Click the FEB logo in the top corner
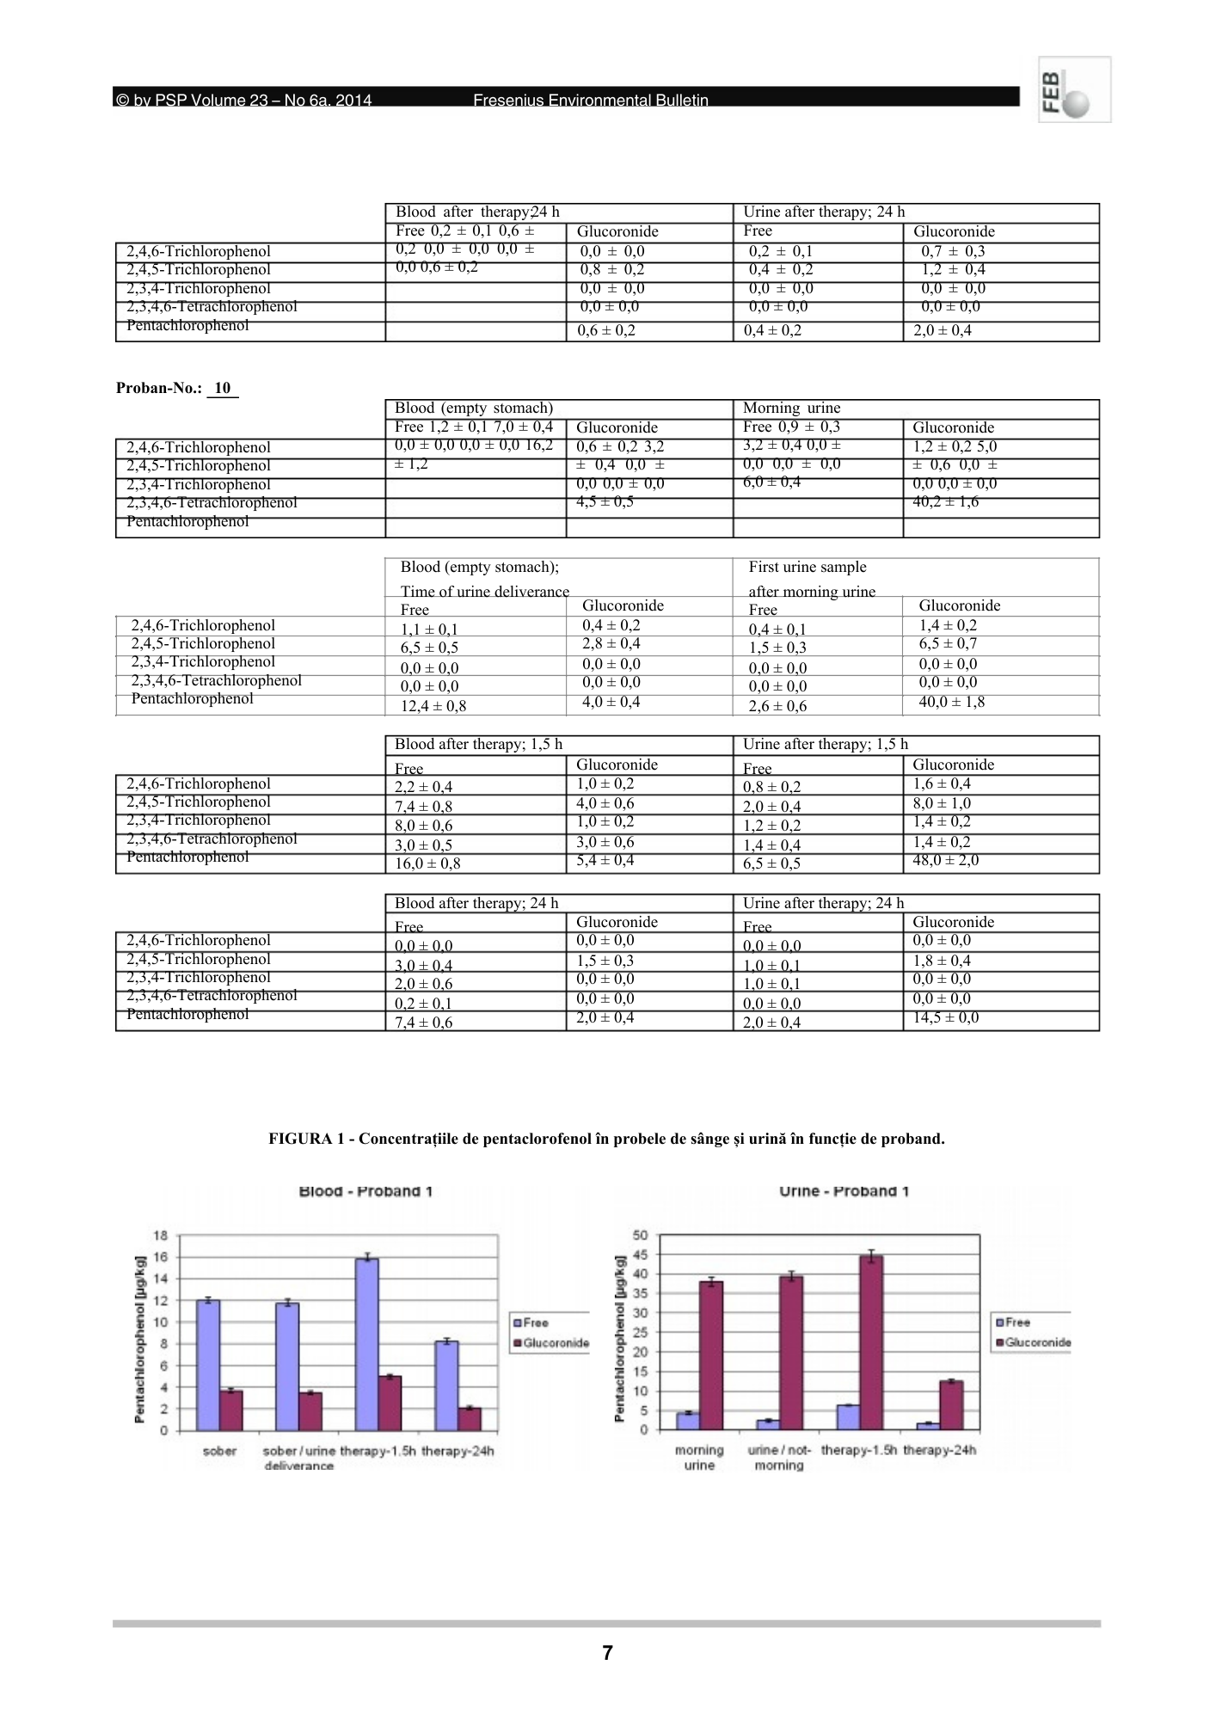click(1074, 89)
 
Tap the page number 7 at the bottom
click(607, 1652)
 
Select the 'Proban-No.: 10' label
click(176, 388)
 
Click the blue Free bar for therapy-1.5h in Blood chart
click(368, 1344)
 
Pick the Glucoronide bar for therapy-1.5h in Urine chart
click(871, 1343)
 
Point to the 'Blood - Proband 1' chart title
click(365, 1191)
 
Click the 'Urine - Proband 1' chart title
click(844, 1191)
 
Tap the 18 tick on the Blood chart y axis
click(161, 1235)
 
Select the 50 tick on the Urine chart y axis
click(640, 1235)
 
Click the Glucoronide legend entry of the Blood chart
click(550, 1342)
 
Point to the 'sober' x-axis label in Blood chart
click(219, 1451)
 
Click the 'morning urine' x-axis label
click(699, 1458)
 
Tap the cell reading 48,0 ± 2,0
click(945, 861)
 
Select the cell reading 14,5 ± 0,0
click(945, 1018)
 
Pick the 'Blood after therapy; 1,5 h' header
click(478, 745)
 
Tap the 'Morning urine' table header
click(791, 408)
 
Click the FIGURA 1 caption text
click(606, 1139)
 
